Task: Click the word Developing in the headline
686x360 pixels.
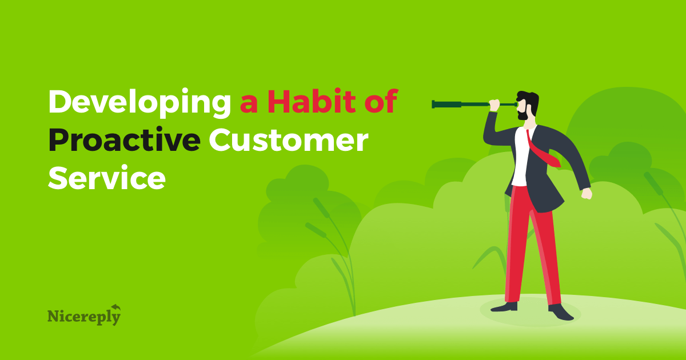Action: click(x=139, y=103)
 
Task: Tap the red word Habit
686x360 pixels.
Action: click(x=312, y=101)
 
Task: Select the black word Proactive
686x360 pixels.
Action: click(x=125, y=140)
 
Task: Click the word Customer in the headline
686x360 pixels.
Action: click(x=289, y=140)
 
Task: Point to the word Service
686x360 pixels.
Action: click(x=107, y=178)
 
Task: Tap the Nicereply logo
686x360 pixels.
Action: click(x=84, y=315)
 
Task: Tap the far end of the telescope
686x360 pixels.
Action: click(x=433, y=105)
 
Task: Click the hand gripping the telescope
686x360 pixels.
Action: click(x=494, y=105)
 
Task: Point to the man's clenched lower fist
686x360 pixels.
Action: click(x=587, y=194)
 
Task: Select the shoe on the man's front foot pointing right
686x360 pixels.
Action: click(x=560, y=312)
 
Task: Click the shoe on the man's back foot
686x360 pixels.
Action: click(x=504, y=307)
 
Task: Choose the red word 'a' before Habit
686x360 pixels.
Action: click(x=249, y=105)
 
